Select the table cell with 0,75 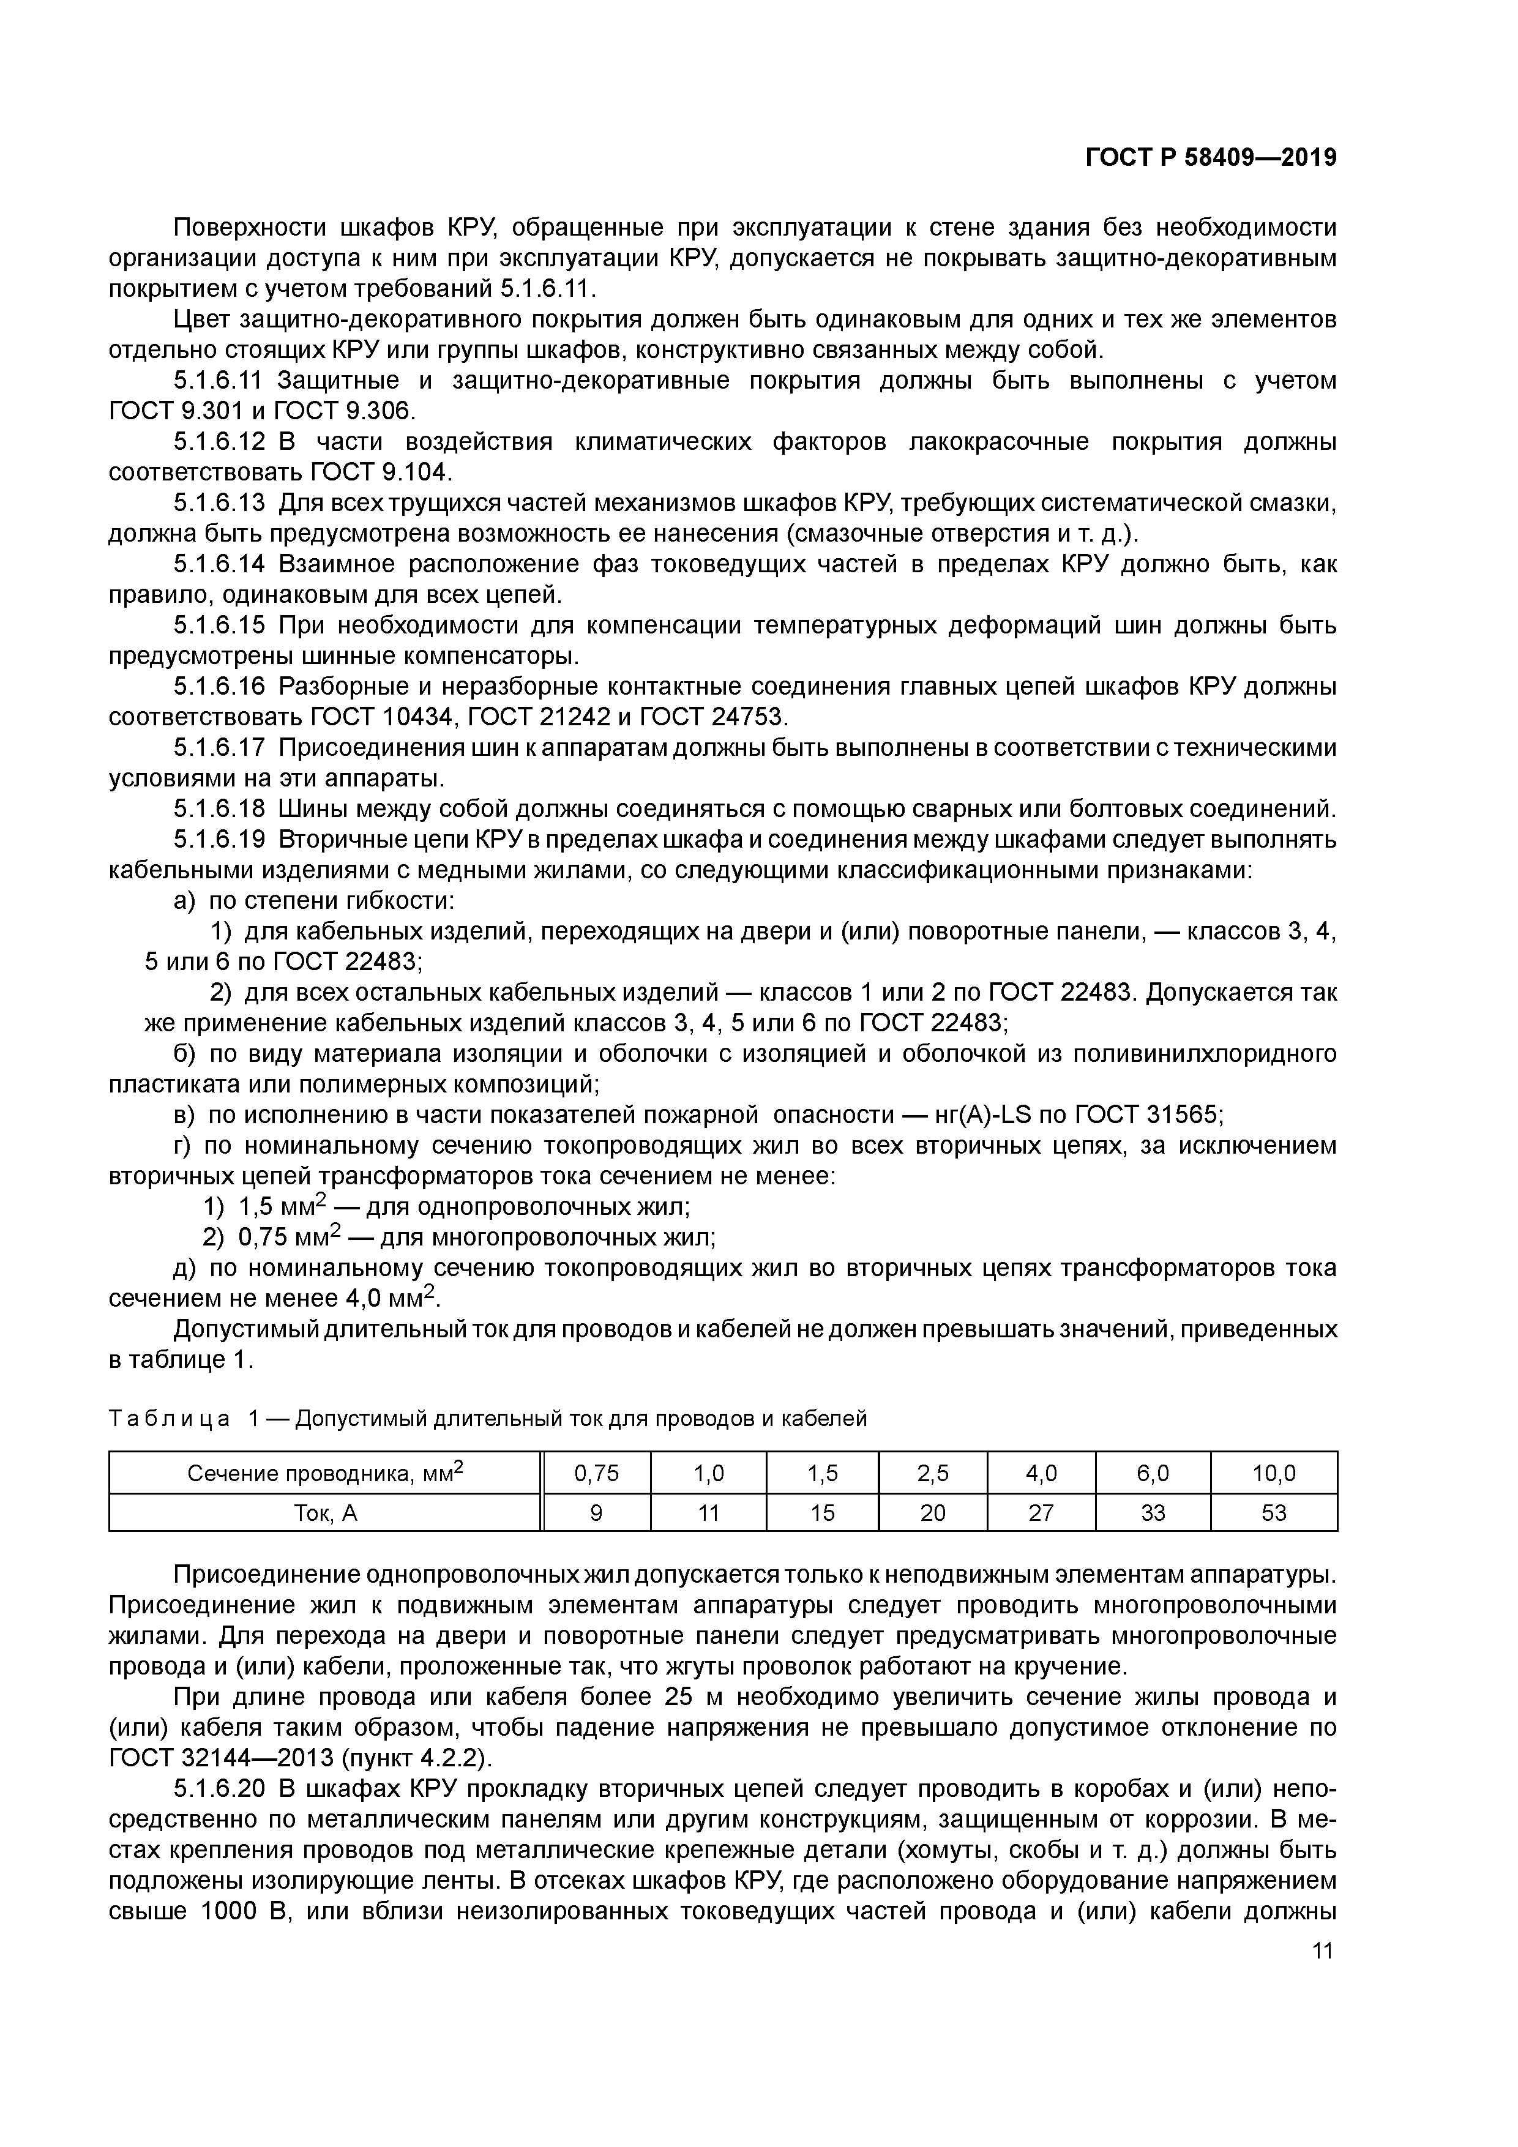pos(597,1474)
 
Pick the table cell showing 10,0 pos(1273,1474)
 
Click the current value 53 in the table pos(1273,1512)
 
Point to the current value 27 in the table pos(1041,1512)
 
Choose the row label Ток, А pos(326,1512)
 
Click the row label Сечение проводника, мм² pos(326,1474)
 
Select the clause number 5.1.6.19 pos(220,839)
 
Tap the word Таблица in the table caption pos(170,1419)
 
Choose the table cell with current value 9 pos(597,1512)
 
